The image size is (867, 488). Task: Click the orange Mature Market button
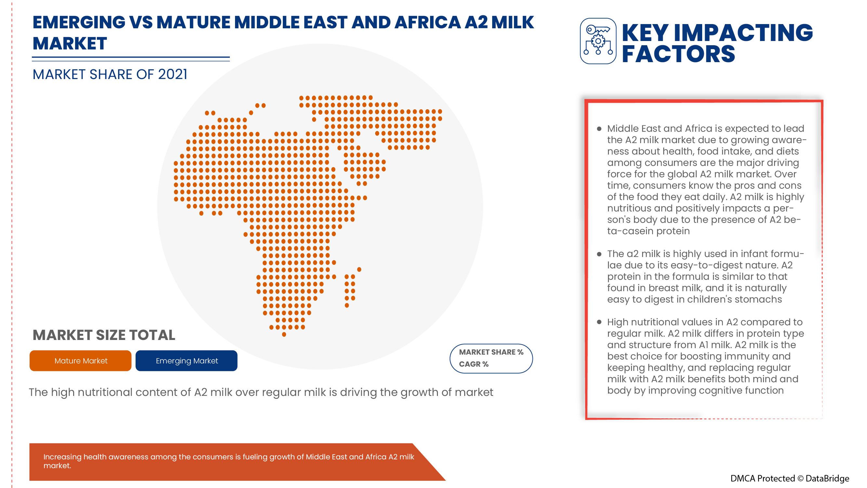80,361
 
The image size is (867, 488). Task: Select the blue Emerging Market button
187,361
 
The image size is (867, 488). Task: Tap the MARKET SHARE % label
491,352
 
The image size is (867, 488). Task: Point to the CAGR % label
473,364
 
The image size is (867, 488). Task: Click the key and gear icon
598,41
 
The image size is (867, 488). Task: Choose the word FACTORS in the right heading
678,54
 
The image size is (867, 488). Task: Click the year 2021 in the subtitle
172,75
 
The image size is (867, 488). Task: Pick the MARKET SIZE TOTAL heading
104,335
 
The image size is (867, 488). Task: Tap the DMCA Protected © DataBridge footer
789,478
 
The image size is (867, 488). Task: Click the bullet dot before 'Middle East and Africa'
599,129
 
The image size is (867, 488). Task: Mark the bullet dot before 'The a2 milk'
599,254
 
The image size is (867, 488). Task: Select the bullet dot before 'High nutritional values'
599,322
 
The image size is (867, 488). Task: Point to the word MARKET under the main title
70,44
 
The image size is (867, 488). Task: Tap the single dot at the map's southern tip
284,334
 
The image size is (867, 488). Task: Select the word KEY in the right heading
645,33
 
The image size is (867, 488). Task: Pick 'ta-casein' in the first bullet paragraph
630,231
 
